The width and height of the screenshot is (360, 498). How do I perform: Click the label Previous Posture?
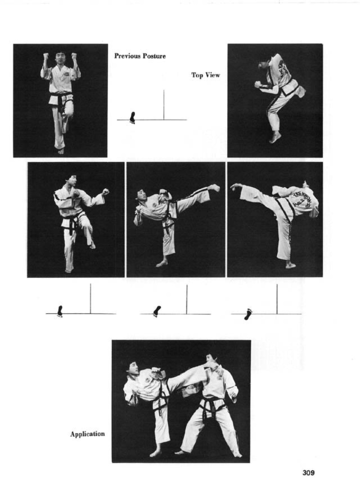(140, 56)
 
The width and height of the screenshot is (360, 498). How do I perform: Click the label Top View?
(206, 75)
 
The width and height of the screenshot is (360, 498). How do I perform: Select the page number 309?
(309, 473)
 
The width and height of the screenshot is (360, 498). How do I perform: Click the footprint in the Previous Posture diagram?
(133, 117)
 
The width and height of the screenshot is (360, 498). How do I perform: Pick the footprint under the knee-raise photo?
(60, 310)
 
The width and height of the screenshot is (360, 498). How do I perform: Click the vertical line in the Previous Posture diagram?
(164, 105)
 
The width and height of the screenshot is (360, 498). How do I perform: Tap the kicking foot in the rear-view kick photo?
(236, 187)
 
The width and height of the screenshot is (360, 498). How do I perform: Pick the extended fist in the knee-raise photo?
(106, 192)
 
